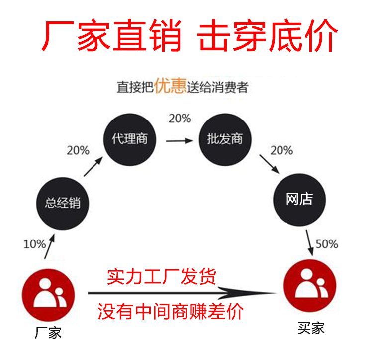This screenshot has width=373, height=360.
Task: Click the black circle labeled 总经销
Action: tap(63, 203)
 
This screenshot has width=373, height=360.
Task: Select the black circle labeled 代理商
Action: tap(130, 139)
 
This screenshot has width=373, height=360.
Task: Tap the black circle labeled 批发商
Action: tap(225, 139)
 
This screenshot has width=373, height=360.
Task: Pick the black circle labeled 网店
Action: tap(299, 200)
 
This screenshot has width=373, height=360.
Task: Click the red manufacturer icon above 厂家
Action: tap(48, 295)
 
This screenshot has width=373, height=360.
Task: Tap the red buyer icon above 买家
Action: tap(310, 286)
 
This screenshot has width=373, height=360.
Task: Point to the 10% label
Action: tap(35, 244)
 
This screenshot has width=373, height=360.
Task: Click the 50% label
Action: tap(327, 244)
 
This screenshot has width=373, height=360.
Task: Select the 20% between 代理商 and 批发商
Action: tap(180, 119)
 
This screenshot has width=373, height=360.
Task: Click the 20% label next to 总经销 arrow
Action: tap(78, 150)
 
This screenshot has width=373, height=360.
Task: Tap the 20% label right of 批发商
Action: tap(281, 150)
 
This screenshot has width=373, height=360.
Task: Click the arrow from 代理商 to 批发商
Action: tap(180, 141)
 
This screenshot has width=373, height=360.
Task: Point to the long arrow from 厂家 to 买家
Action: tap(182, 293)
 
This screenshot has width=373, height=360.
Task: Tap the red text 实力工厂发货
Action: tap(162, 277)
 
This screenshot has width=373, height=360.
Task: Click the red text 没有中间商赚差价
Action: tap(171, 311)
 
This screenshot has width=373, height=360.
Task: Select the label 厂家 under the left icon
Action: tap(48, 333)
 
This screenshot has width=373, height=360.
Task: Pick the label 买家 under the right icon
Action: tap(311, 328)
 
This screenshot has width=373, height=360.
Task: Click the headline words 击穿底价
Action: tap(268, 36)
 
